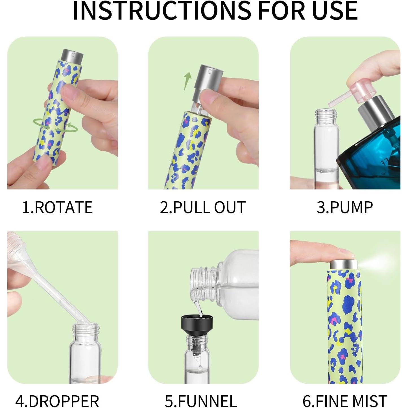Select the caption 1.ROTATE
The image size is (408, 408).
(x=57, y=207)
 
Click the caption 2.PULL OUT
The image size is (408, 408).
(x=203, y=207)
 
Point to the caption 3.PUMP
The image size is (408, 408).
(x=345, y=207)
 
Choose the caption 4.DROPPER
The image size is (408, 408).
(x=57, y=394)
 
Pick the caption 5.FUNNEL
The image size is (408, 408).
(x=201, y=394)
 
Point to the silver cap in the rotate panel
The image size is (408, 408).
(x=72, y=55)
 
